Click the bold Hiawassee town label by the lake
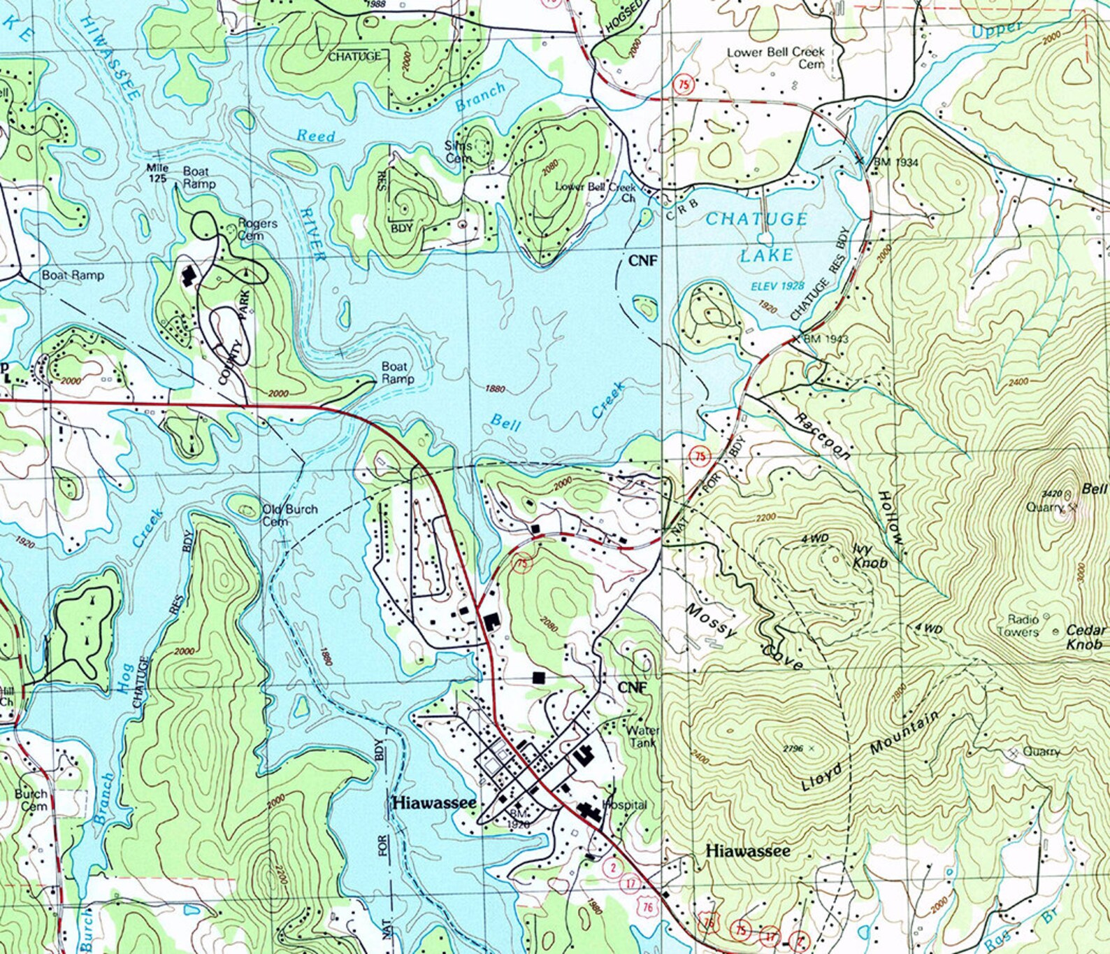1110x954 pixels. click(434, 803)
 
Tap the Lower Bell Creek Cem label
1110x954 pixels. click(776, 57)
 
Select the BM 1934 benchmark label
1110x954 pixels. click(895, 162)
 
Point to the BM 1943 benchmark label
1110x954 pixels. click(826, 339)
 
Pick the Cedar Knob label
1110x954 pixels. click(1085, 636)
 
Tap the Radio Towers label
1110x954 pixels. click(1023, 625)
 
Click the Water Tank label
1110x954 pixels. click(642, 736)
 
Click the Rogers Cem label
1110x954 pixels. click(257, 229)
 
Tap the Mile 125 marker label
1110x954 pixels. click(157, 173)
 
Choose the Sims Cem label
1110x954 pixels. click(459, 152)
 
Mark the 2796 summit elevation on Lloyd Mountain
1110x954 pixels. click(793, 748)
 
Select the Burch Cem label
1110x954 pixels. click(32, 799)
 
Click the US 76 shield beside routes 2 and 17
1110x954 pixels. click(647, 906)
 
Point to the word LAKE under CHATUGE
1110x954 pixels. click(767, 255)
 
